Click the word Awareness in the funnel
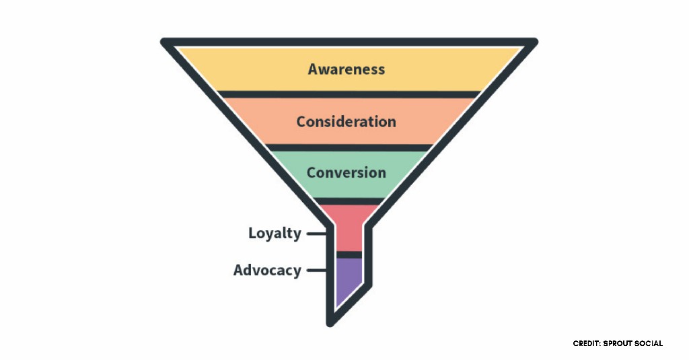click(347, 69)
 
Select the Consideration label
click(346, 122)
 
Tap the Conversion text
click(346, 172)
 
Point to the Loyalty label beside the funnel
click(275, 233)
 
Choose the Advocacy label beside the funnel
click(267, 271)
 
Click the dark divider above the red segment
click(349, 201)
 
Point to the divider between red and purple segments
click(349, 254)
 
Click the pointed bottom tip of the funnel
click(330, 322)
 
